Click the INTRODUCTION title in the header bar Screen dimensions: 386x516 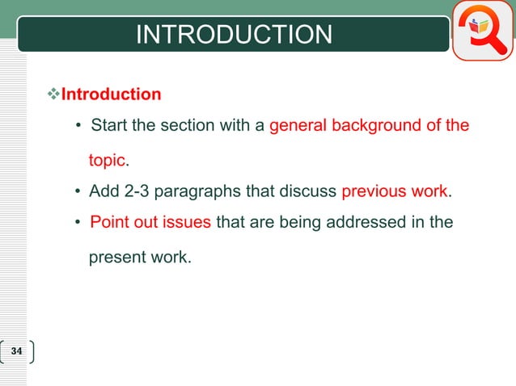point(234,35)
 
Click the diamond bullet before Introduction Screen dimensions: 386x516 point(55,94)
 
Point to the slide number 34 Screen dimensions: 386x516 point(18,352)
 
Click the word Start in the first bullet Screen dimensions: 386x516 point(108,126)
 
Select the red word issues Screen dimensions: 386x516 point(189,222)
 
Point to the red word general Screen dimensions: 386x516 point(298,126)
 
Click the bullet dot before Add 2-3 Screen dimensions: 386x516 point(78,192)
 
